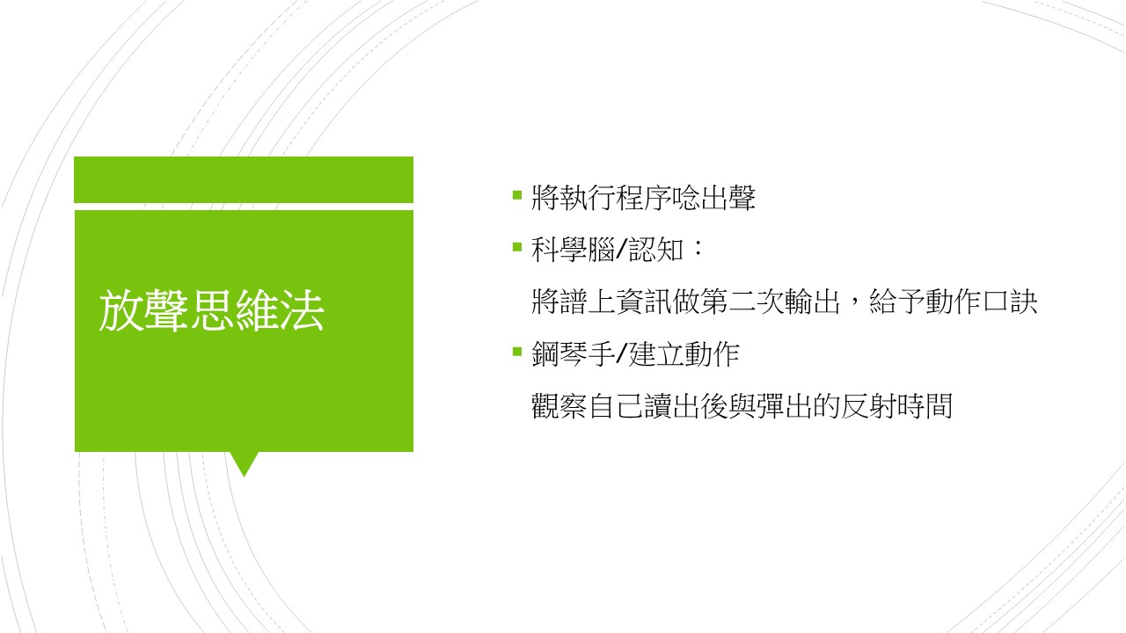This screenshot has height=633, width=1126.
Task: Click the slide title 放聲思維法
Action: point(212,310)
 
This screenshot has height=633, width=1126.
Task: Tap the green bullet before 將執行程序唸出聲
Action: point(517,194)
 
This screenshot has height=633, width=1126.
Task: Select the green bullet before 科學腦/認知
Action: point(517,247)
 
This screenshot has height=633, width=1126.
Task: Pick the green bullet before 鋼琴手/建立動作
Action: point(517,351)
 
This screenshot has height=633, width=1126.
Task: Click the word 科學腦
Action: point(573,250)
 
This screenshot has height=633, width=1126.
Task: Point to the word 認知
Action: point(656,250)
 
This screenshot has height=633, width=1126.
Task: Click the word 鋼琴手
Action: point(573,354)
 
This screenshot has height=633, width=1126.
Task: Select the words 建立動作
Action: point(684,354)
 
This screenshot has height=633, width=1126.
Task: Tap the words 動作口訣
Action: point(981,302)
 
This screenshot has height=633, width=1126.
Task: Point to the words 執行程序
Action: point(615,198)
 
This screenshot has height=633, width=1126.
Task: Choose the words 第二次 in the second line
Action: point(741,302)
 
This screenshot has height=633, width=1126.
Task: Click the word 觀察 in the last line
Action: point(559,406)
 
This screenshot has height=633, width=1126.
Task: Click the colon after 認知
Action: point(698,250)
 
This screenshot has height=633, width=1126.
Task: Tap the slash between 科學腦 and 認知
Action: point(621,250)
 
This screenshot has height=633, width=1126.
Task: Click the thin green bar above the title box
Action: point(244,179)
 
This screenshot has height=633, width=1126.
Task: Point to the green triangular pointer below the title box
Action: point(245,462)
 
